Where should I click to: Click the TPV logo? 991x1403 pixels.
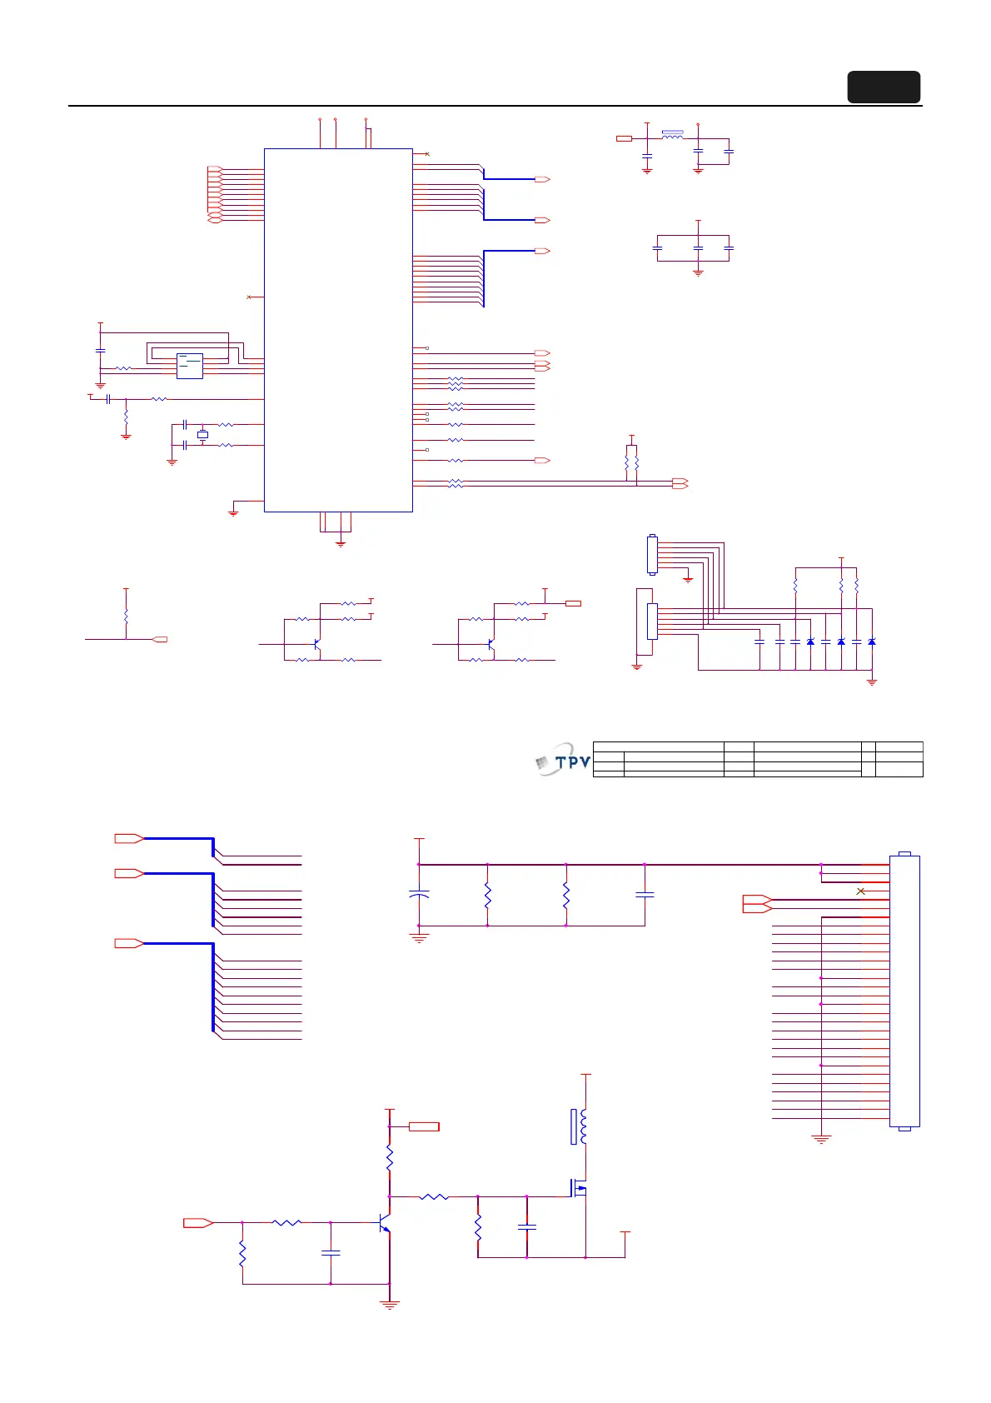coord(563,759)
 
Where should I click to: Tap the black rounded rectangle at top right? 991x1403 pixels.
coord(884,87)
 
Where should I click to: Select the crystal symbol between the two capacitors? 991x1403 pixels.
coord(202,435)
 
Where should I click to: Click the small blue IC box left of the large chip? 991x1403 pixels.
coord(190,366)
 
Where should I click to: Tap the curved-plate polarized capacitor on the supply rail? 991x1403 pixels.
coord(419,895)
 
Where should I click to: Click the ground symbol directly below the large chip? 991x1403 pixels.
coord(340,542)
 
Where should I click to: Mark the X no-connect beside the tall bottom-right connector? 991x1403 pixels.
coord(861,891)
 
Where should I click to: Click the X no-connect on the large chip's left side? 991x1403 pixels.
coord(249,297)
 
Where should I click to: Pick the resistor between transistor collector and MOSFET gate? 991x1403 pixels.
coord(433,1197)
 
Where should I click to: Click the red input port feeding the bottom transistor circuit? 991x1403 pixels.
coord(198,1222)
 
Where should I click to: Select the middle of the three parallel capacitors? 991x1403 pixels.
coord(698,248)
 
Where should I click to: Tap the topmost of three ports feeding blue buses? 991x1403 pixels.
coord(128,838)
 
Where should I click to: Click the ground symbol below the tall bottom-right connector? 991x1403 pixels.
coord(821,1139)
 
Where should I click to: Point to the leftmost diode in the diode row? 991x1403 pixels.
coord(810,642)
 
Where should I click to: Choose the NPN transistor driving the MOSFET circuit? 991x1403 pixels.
coord(384,1223)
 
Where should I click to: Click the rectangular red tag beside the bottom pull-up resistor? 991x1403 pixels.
coord(424,1126)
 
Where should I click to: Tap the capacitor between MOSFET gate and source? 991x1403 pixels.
coord(526,1227)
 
